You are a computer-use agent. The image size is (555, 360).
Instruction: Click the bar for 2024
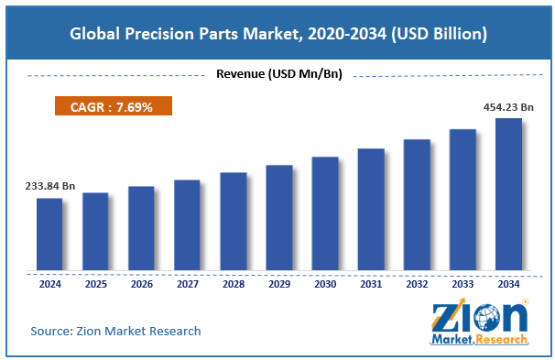[49, 234]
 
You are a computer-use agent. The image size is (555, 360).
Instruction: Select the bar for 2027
[187, 225]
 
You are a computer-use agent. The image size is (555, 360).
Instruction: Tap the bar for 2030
[325, 213]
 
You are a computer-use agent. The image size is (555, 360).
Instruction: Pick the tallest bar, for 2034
[508, 194]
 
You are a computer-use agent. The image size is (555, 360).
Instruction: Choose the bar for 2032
[417, 205]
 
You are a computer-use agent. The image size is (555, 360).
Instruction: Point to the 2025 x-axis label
[96, 284]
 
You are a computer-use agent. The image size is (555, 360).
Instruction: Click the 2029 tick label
[279, 284]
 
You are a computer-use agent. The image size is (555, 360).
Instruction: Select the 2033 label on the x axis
[462, 284]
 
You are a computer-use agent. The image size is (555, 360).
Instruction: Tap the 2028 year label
[234, 284]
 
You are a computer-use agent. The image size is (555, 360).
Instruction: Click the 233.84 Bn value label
[49, 186]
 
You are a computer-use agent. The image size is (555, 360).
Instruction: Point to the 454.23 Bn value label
[508, 107]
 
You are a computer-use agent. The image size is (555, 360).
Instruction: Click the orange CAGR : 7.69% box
[114, 106]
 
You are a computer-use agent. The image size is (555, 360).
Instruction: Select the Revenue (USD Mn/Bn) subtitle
[279, 73]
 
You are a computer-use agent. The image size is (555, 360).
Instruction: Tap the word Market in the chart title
[273, 34]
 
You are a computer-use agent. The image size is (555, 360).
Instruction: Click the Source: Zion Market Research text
[115, 331]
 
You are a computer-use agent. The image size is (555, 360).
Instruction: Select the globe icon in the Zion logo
[486, 317]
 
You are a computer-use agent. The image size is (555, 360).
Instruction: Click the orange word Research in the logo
[502, 340]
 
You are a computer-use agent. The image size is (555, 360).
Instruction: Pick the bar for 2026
[141, 228]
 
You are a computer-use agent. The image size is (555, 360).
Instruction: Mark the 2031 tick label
[371, 284]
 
